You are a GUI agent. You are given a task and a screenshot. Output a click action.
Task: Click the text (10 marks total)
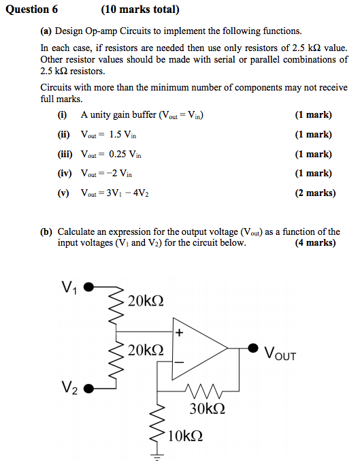pyautogui.click(x=140, y=10)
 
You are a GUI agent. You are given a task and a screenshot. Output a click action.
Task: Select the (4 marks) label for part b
pyautogui.click(x=315, y=243)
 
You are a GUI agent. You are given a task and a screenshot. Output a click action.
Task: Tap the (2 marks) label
pyautogui.click(x=315, y=193)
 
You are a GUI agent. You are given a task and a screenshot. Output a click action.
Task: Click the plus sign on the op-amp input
pyautogui.click(x=179, y=334)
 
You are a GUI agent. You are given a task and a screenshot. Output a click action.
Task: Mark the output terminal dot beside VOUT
pyautogui.click(x=252, y=348)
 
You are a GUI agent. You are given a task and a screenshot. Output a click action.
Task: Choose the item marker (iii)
pyautogui.click(x=65, y=154)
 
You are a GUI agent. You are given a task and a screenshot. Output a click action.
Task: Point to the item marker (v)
pyautogui.click(x=64, y=193)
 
